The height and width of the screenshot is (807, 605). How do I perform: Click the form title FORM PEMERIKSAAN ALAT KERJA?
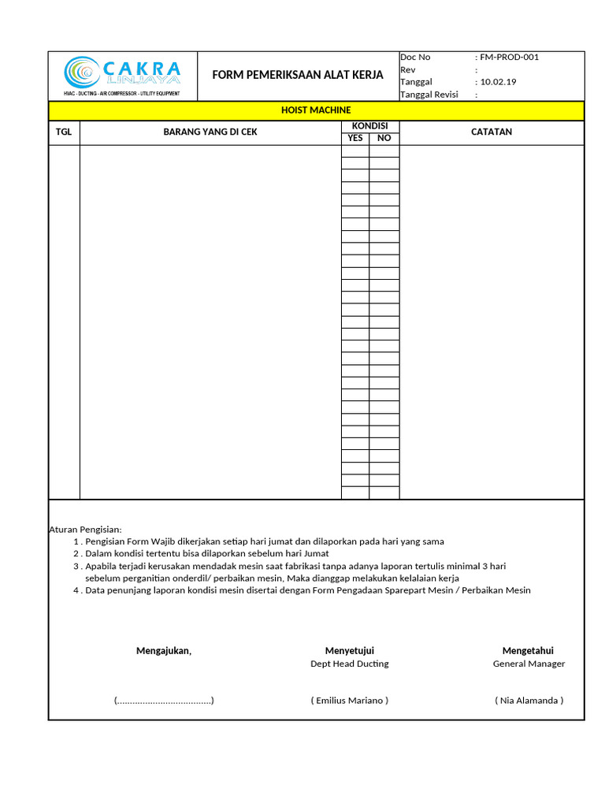click(x=298, y=75)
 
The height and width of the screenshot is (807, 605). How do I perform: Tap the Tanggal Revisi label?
click(x=429, y=95)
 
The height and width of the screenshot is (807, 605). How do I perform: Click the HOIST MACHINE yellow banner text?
click(x=316, y=110)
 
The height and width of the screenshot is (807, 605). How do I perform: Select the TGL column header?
click(x=64, y=132)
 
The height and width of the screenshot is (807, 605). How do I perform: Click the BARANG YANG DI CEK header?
click(x=210, y=132)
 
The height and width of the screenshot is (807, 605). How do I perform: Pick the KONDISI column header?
click(x=369, y=126)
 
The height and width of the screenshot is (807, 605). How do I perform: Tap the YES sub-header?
click(x=355, y=139)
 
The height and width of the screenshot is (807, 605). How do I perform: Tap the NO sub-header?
click(x=384, y=139)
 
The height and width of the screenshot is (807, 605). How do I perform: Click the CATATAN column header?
click(x=492, y=132)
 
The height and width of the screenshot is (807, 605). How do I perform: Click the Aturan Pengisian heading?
click(x=86, y=529)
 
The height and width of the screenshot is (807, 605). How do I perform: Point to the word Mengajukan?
click(x=164, y=650)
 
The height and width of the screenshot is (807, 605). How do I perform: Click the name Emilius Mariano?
click(x=350, y=700)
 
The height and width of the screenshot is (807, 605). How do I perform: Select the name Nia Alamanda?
click(x=529, y=700)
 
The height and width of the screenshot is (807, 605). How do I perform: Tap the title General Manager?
click(x=529, y=664)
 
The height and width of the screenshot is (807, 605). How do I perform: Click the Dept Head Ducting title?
click(x=350, y=664)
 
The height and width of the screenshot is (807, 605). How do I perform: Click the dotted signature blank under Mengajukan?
click(x=164, y=700)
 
